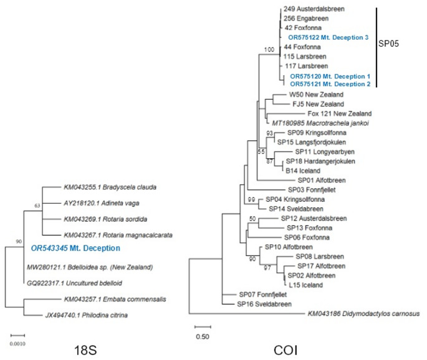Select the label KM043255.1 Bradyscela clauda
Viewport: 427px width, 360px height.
click(109, 187)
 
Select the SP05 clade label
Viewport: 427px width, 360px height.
click(391, 45)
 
